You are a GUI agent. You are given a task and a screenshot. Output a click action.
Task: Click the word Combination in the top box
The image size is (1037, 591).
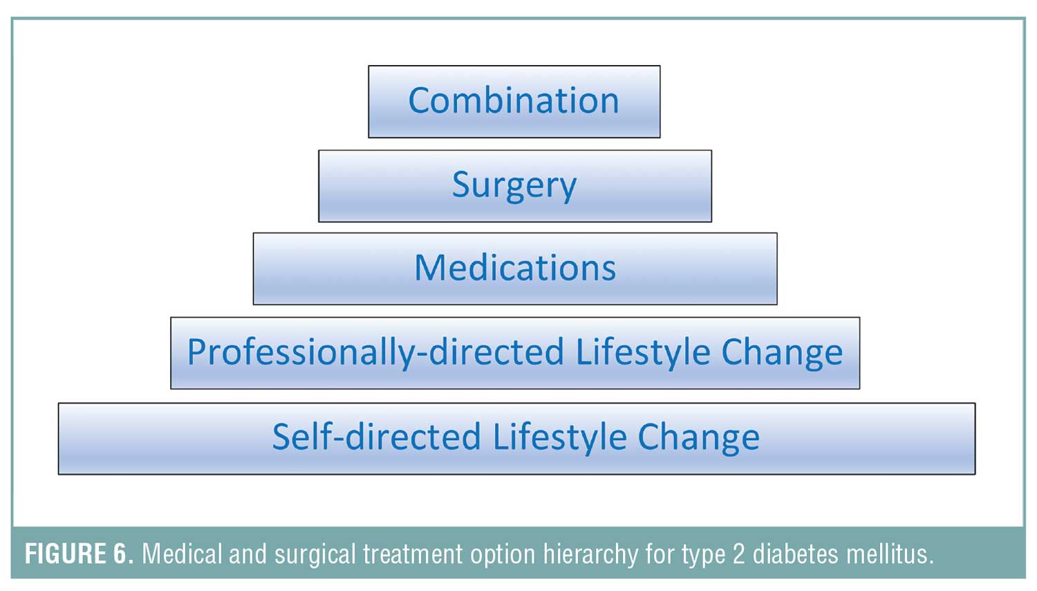click(x=514, y=100)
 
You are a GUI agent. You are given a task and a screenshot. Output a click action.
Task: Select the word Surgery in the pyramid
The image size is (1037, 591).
click(x=514, y=186)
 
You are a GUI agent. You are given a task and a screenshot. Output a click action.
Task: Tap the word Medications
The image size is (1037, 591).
click(x=515, y=268)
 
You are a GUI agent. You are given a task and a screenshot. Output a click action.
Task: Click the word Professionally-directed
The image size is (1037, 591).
click(x=376, y=353)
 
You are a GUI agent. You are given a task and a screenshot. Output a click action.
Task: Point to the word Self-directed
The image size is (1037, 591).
click(x=377, y=437)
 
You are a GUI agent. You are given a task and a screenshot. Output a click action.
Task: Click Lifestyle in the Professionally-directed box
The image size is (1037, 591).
click(x=643, y=352)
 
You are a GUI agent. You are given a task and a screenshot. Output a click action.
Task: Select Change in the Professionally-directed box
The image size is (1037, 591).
click(x=783, y=353)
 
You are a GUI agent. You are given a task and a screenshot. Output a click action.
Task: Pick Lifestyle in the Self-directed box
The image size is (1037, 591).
click(x=560, y=438)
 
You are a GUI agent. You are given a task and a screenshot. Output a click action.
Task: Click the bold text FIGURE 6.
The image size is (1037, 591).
click(x=80, y=554)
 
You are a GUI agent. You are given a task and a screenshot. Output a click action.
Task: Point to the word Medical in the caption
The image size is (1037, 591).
click(x=183, y=553)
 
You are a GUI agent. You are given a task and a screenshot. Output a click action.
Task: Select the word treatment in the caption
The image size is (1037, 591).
click(x=413, y=554)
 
